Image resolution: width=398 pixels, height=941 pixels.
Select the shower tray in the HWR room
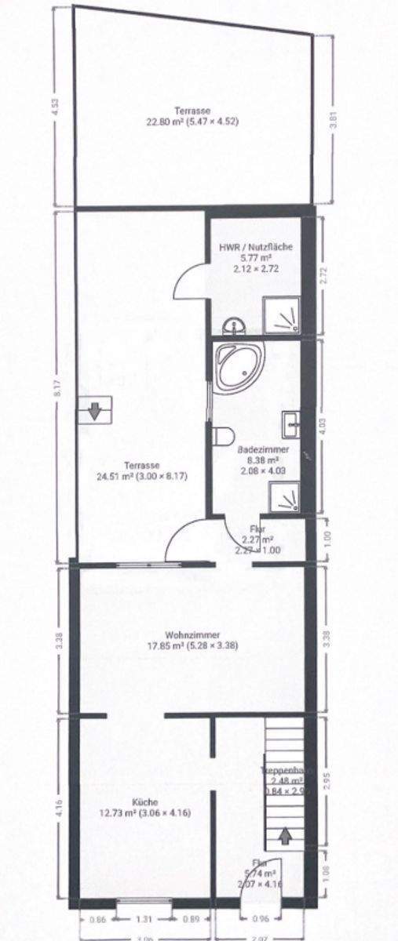[x=282, y=314]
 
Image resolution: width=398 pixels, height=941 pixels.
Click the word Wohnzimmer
[x=192, y=635]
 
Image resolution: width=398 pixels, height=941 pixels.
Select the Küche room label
[x=146, y=802]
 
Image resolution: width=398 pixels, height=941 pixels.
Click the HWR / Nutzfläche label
[x=256, y=247]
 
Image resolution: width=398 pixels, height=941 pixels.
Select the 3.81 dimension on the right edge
[x=334, y=122]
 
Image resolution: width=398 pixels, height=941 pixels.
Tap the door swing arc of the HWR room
[x=186, y=280]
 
